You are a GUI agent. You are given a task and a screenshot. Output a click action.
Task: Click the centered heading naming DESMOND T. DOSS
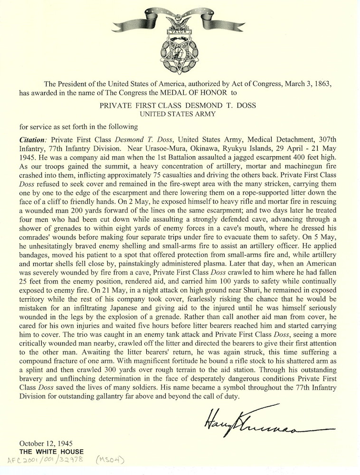pyautogui.click(x=180, y=105)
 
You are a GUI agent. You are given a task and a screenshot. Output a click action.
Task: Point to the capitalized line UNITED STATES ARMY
pyautogui.click(x=180, y=114)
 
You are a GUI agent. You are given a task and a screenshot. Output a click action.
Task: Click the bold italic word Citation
pyautogui.click(x=33, y=141)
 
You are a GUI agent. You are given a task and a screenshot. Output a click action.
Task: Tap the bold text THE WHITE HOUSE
pyautogui.click(x=51, y=451)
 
